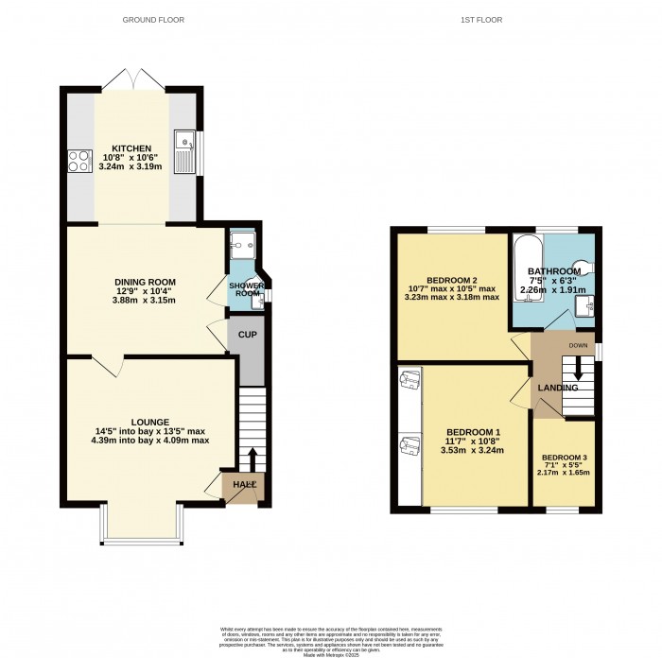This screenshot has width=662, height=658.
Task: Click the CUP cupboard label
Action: point(247,335)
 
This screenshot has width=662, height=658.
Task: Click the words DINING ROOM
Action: point(145,282)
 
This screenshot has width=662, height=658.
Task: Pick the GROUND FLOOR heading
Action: point(154,19)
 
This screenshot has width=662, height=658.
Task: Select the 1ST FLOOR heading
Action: point(496,19)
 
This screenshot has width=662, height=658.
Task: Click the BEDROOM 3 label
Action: point(564,459)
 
